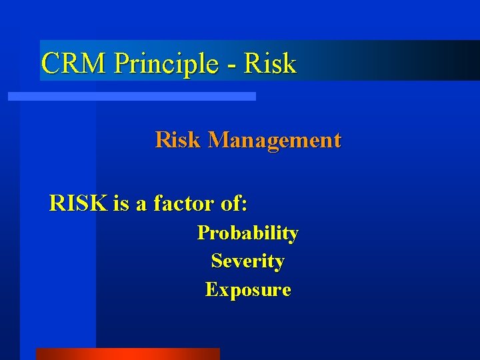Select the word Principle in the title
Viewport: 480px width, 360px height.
click(x=166, y=63)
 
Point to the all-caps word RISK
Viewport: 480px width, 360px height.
click(x=78, y=203)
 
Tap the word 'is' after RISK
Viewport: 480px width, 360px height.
click(x=121, y=203)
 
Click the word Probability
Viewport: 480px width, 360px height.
click(x=247, y=233)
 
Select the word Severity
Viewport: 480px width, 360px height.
click(x=247, y=261)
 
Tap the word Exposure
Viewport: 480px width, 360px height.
click(x=247, y=290)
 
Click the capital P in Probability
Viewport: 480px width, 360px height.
click(x=203, y=233)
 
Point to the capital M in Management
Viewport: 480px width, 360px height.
click(x=219, y=140)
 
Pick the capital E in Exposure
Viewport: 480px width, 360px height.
click(x=211, y=290)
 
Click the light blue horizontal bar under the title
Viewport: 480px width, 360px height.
click(x=131, y=97)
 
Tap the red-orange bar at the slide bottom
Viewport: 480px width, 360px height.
click(x=127, y=354)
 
